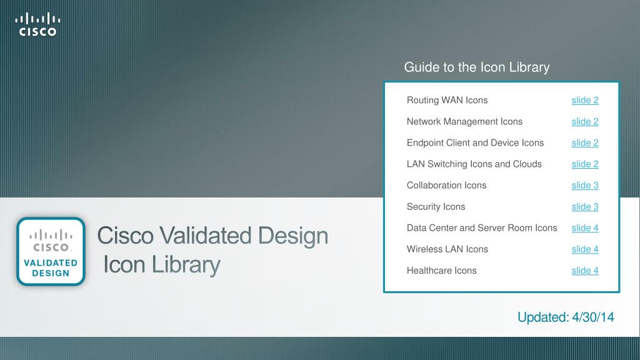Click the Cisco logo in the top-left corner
tap(37, 24)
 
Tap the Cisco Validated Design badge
tap(51, 251)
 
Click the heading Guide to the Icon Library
tap(477, 67)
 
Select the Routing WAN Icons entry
tap(447, 100)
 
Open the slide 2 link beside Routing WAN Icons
tap(585, 100)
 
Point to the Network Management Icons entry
tap(464, 121)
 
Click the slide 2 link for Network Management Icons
tap(585, 121)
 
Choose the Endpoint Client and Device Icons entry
tap(475, 142)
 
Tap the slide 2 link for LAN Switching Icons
tap(585, 164)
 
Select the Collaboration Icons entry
tap(446, 185)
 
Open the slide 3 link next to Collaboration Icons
tap(585, 185)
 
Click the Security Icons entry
tap(436, 206)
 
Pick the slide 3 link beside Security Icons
tap(585, 206)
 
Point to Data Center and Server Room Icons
tap(482, 227)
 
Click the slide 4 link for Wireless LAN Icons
tap(585, 249)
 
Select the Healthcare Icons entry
tap(442, 270)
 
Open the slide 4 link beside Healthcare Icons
tap(585, 270)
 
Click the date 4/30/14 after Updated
tap(593, 317)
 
